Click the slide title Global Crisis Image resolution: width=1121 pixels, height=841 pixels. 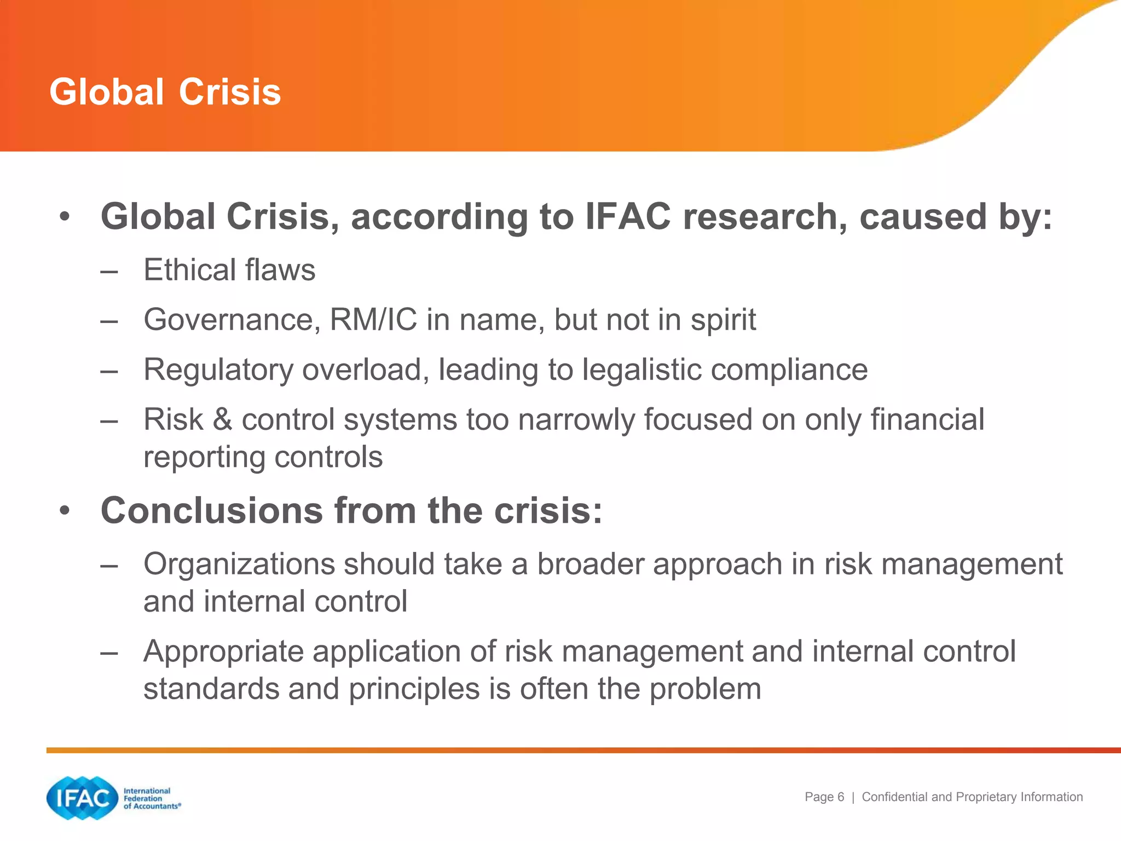165,91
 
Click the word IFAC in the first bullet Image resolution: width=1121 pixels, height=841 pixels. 628,217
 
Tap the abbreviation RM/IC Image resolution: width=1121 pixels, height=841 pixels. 373,320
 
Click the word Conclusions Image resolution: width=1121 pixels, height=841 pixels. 212,511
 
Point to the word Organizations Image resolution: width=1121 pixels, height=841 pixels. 239,564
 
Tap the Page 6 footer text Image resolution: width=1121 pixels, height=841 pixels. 824,797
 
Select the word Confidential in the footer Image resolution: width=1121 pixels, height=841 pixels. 894,797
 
